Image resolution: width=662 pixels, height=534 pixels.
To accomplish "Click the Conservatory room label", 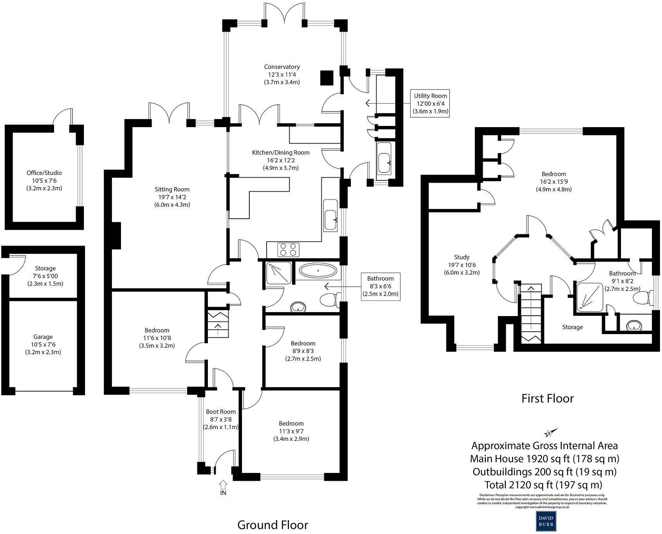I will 281,67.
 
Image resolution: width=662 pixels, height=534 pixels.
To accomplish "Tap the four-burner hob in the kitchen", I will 288,249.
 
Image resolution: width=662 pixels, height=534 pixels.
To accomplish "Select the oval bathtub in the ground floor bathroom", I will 317,270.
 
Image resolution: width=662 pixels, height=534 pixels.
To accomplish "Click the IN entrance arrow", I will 223,487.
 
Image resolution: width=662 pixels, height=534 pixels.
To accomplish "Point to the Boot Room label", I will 221,412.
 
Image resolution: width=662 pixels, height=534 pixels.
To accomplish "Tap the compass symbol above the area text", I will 549,433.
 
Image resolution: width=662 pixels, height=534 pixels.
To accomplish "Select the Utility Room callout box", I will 430,103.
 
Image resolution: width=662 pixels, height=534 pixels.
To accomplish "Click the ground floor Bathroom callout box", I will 380,286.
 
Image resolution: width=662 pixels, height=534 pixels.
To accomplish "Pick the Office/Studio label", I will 44,173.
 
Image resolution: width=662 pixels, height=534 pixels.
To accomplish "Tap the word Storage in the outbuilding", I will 45,268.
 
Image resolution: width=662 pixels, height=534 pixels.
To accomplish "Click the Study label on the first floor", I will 462,257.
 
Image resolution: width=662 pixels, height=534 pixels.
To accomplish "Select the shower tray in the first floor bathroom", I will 589,297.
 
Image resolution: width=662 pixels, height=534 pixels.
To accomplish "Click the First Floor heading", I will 547,398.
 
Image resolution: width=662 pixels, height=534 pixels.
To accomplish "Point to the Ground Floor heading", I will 272,525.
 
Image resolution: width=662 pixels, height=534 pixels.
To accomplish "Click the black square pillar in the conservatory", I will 326,78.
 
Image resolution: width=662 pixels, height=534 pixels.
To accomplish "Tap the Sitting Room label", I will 172,189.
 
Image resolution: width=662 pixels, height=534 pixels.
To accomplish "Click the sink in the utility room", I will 385,161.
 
